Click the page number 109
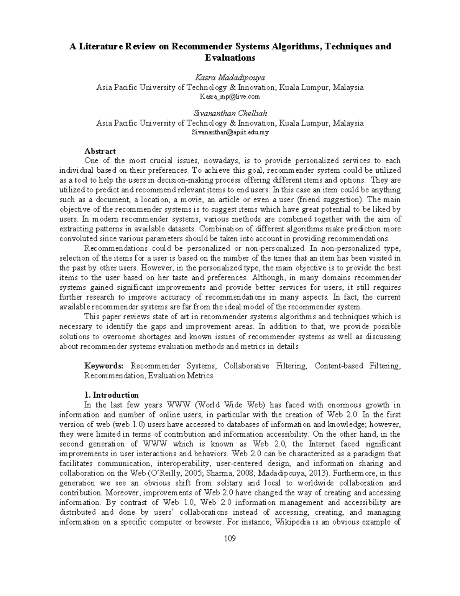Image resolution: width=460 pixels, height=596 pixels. click(x=230, y=538)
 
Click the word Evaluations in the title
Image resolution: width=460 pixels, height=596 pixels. click(x=230, y=58)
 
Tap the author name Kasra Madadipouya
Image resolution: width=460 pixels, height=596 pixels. click(x=230, y=78)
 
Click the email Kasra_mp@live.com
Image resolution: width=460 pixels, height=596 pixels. click(x=230, y=97)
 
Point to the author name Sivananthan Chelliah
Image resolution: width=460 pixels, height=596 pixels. click(x=230, y=114)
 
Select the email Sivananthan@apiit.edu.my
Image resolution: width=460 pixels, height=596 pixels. click(x=230, y=132)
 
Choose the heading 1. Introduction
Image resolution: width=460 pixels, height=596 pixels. click(x=111, y=395)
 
